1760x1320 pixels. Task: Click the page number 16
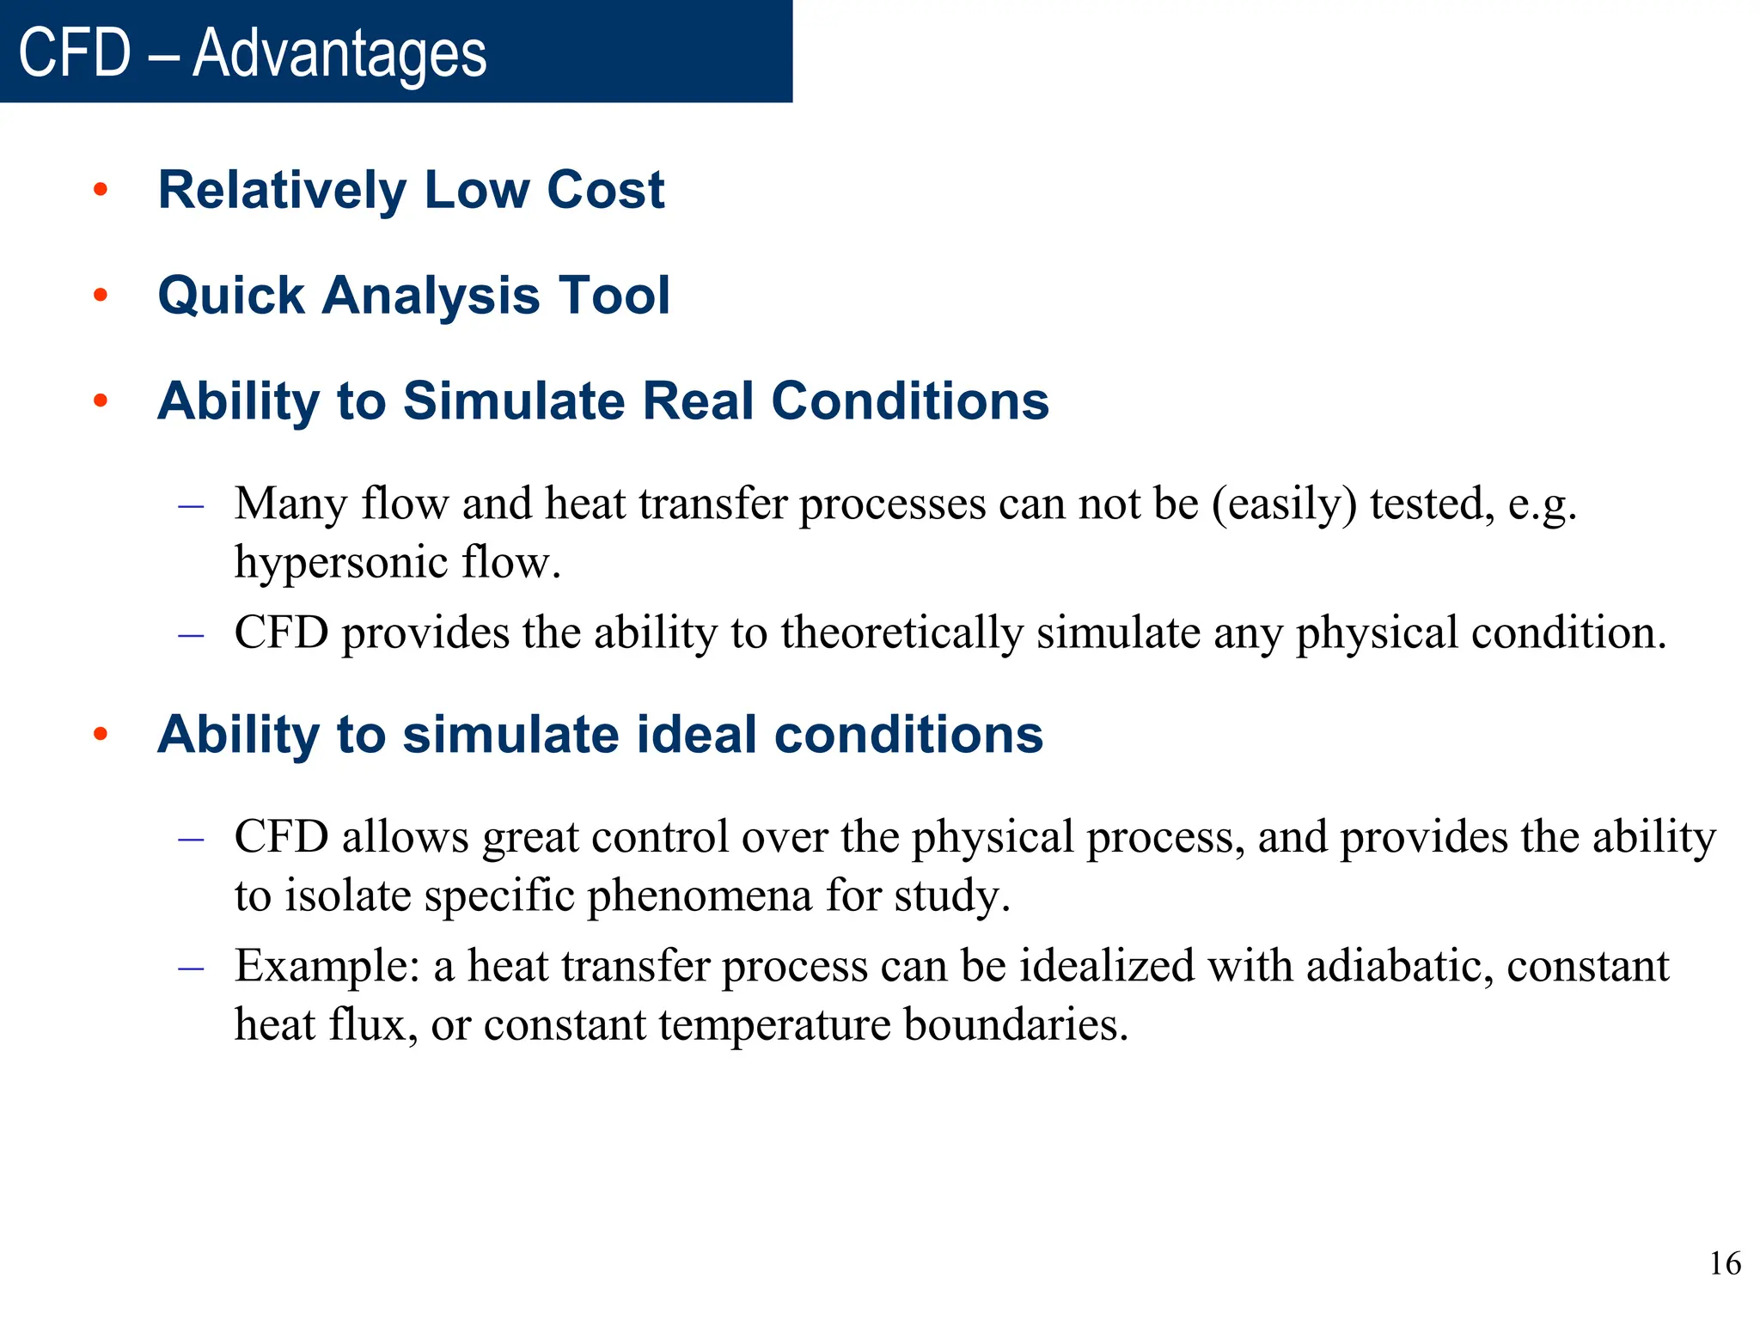point(1725,1264)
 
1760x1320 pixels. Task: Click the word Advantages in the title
point(339,53)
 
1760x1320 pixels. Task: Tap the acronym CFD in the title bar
point(75,53)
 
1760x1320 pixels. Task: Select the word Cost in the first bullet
point(605,190)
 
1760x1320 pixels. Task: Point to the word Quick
point(231,296)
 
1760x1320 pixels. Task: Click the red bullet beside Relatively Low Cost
point(101,190)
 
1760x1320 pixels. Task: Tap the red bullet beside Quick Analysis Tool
point(101,296)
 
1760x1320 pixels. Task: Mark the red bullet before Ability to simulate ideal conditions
point(101,735)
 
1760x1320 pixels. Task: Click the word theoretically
point(902,633)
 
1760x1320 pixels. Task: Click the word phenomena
point(700,896)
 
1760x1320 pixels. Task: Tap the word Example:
point(327,966)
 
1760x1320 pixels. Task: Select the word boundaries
point(1016,1025)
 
